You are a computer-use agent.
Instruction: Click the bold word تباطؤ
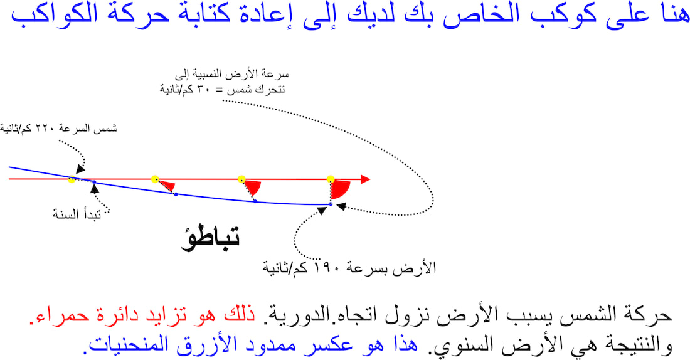(210, 238)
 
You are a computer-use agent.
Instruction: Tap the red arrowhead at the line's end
(366, 179)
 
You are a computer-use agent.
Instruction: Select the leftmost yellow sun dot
(72, 179)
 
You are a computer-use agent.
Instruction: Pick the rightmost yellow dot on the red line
(331, 179)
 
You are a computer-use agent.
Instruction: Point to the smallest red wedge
(167, 186)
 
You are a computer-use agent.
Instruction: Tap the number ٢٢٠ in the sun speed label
(45, 129)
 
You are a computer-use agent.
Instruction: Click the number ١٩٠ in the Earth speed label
(324, 267)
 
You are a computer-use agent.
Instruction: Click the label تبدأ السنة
(77, 214)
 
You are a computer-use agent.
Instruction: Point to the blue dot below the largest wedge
(331, 204)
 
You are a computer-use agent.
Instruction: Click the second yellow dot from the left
(154, 179)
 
